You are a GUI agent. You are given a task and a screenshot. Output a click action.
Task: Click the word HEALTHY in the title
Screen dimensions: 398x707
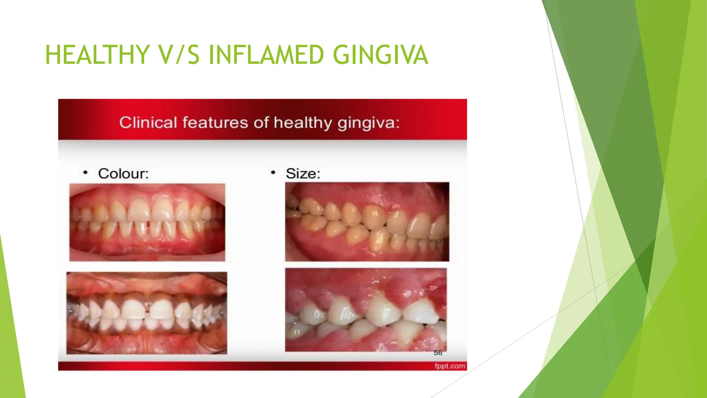[x=97, y=55]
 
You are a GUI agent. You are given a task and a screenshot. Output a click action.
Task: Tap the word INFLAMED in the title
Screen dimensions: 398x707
[x=266, y=55]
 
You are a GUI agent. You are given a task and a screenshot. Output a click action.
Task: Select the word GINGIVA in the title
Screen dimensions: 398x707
[x=380, y=55]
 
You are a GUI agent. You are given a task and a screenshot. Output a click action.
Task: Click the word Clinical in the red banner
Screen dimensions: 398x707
[x=148, y=123]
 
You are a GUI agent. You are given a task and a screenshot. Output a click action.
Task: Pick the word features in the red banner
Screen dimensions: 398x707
[x=215, y=123]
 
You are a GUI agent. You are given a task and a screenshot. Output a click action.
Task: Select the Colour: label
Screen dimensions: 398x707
[x=123, y=173]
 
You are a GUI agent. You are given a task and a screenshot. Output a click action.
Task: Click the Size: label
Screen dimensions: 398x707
[x=303, y=173]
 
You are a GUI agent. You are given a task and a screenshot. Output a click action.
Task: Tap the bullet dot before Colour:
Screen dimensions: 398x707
[x=85, y=172]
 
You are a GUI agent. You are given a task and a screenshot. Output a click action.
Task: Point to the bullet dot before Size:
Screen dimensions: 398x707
[x=273, y=172]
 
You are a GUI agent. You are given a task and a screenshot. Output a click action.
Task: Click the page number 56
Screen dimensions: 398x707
[x=438, y=353]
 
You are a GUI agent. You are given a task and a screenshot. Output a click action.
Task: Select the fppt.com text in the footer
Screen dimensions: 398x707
[x=450, y=366]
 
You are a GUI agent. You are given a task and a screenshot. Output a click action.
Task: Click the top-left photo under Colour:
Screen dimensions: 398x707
[x=147, y=222]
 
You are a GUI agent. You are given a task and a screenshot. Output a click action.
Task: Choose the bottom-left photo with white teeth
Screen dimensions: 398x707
[x=147, y=313]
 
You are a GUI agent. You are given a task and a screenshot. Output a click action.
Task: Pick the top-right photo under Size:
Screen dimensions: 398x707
[x=367, y=221]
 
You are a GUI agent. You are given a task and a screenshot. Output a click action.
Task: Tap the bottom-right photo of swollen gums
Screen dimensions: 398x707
[x=366, y=310]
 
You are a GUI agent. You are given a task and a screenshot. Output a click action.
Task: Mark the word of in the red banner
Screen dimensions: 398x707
[x=261, y=123]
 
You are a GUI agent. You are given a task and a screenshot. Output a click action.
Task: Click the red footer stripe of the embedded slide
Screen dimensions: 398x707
[x=242, y=366]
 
